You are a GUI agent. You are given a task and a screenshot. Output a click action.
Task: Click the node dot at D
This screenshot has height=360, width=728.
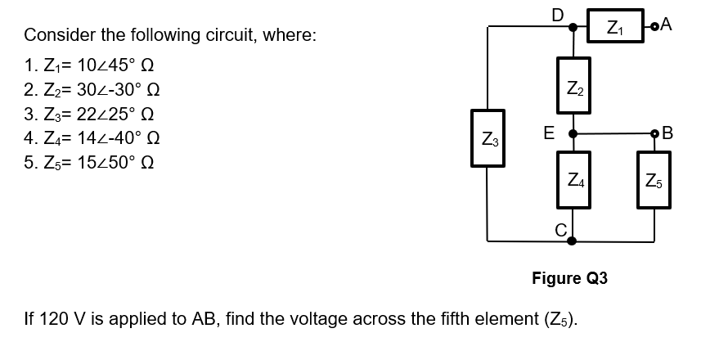[x=571, y=27]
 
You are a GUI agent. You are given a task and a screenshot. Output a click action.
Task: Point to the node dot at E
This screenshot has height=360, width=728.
[x=571, y=133]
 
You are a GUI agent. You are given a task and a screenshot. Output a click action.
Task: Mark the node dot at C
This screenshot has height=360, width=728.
[x=571, y=241]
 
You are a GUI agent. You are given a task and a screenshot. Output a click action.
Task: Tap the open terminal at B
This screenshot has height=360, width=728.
[x=654, y=133]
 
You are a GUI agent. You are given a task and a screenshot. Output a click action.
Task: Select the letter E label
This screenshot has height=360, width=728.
[x=550, y=133]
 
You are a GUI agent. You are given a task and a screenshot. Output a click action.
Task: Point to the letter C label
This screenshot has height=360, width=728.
[x=560, y=229]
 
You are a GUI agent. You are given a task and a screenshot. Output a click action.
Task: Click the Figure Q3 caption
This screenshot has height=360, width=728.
[x=569, y=278]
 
